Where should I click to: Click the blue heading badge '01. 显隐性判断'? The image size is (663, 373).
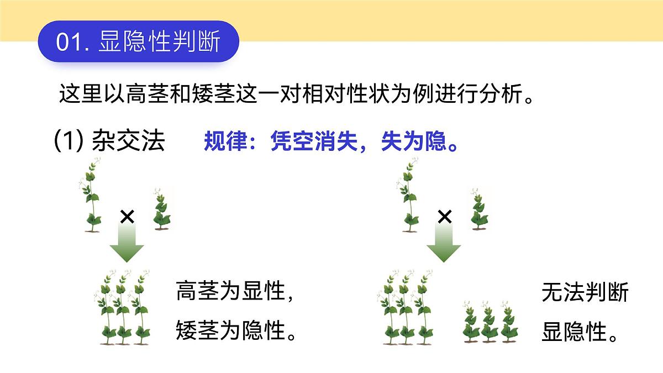tap(138, 42)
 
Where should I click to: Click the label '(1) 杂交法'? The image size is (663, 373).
tap(109, 141)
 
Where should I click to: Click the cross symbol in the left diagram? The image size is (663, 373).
tap(127, 217)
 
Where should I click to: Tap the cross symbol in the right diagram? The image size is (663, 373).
tap(444, 217)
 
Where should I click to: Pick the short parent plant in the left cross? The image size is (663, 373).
tap(161, 208)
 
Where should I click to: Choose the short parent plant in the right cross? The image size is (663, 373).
tap(478, 208)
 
